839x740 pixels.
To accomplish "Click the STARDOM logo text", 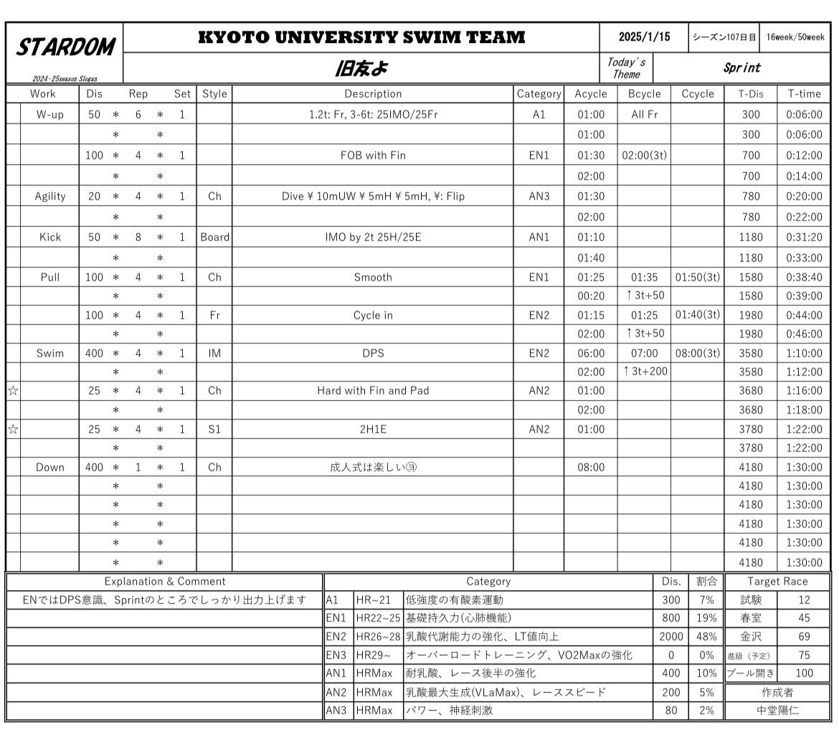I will click(65, 48).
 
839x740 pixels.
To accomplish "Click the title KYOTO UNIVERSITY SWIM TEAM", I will click(361, 37).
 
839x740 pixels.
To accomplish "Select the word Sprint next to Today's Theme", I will click(741, 68).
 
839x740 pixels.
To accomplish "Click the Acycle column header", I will click(590, 94).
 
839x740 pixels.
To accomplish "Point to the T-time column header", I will click(804, 94).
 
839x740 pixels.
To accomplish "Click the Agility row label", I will click(50, 196).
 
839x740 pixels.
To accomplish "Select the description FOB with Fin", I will click(373, 155).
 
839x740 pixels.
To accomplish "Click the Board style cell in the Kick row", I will click(214, 237).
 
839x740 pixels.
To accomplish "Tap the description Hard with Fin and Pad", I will click(373, 391).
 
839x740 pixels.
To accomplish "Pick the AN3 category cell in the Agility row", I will click(539, 196).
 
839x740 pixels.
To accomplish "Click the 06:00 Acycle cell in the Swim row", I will click(590, 354).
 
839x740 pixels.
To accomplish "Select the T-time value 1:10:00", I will click(804, 354).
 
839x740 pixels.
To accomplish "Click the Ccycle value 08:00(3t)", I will click(697, 354).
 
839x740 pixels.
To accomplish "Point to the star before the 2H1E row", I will click(13, 430).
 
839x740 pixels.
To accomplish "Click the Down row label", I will click(50, 468).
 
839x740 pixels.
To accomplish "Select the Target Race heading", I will click(777, 582).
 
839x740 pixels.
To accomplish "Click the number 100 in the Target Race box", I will click(804, 674).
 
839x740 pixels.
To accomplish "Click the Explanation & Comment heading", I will click(165, 582).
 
